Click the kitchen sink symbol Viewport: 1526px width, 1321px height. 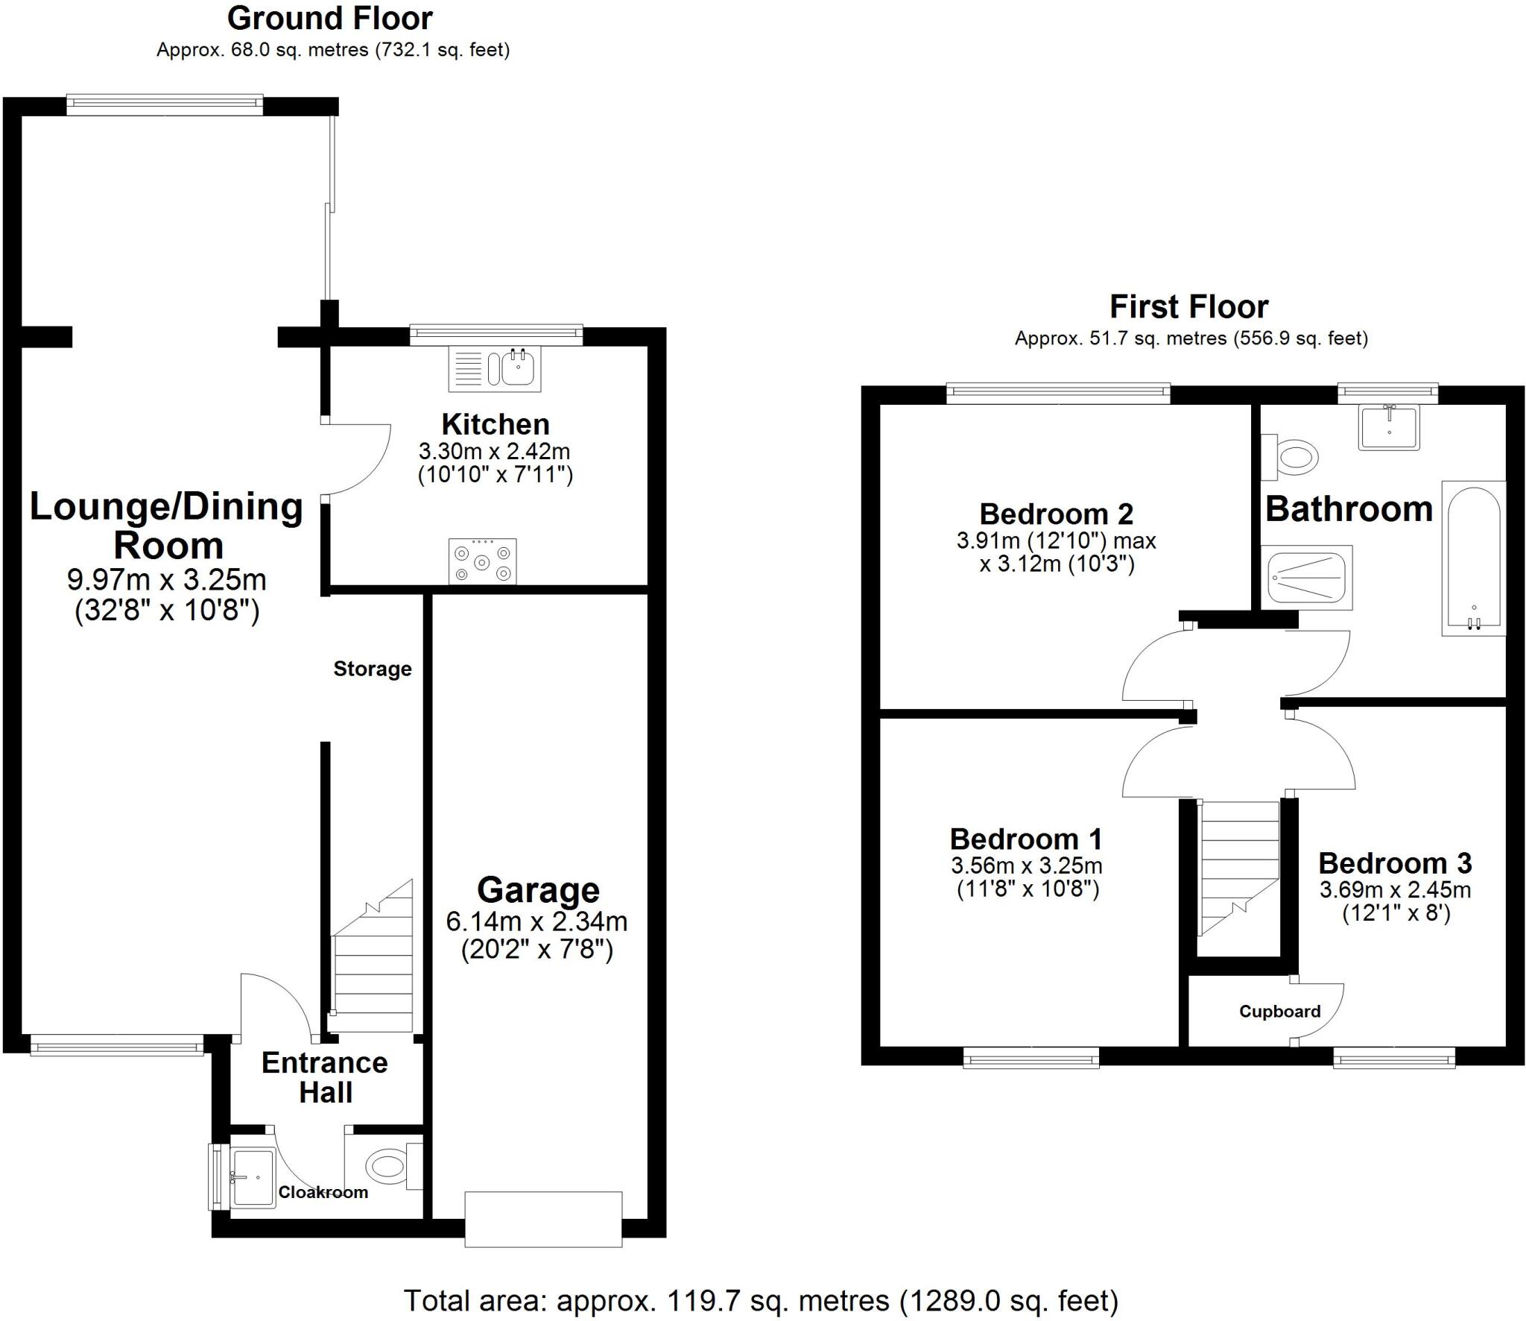pyautogui.click(x=494, y=368)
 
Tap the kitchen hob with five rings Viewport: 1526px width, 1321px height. pyautogui.click(x=483, y=561)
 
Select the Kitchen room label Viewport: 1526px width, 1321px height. pyautogui.click(x=496, y=424)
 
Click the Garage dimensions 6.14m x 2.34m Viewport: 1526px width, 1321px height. pyautogui.click(x=536, y=922)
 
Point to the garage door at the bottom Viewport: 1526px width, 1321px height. pyautogui.click(x=543, y=1219)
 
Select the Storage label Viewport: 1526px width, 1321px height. pyautogui.click(x=372, y=669)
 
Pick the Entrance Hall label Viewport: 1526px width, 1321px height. pyautogui.click(x=325, y=1077)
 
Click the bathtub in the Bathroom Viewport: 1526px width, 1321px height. pyautogui.click(x=1473, y=558)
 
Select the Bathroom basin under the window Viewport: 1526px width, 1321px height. pyautogui.click(x=1389, y=427)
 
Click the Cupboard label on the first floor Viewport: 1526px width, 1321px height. pyautogui.click(x=1279, y=1011)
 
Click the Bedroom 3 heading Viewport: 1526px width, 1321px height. pyautogui.click(x=1395, y=863)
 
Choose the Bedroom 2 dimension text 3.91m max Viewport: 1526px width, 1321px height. pyautogui.click(x=1056, y=540)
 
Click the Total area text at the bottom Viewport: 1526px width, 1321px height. pyautogui.click(x=761, y=1301)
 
